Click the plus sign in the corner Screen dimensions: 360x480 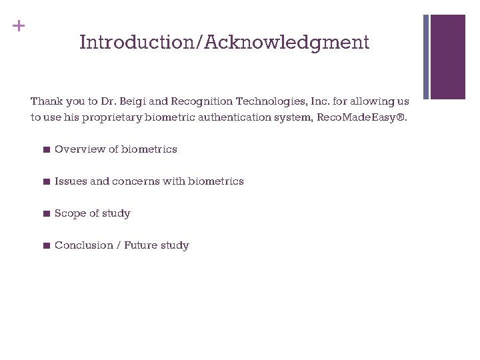[x=19, y=26]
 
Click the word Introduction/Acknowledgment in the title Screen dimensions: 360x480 [x=224, y=43]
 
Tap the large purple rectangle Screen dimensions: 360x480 [x=447, y=57]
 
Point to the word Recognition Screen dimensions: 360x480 [x=201, y=101]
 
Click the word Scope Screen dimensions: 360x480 [x=69, y=213]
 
